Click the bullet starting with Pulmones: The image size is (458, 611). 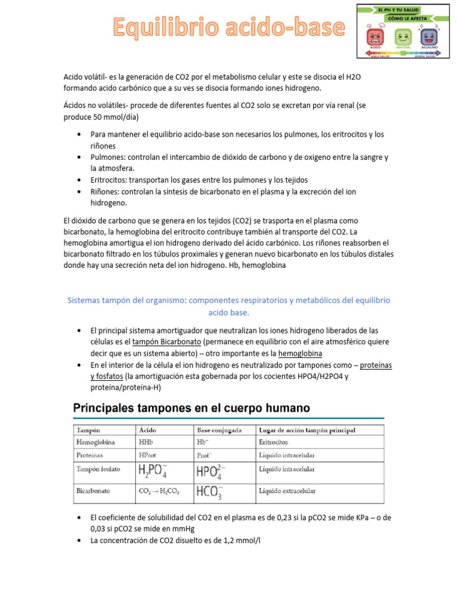(x=239, y=162)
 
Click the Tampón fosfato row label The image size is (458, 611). (x=98, y=469)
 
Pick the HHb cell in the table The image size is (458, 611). (x=146, y=442)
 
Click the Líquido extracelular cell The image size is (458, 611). (x=287, y=491)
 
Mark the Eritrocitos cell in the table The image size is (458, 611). (x=274, y=442)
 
